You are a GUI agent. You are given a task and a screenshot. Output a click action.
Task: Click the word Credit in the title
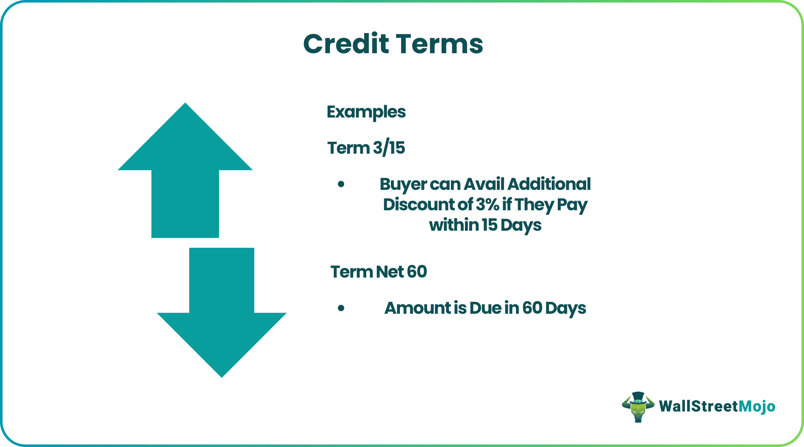coord(346,44)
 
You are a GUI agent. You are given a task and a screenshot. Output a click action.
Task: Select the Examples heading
coord(366,112)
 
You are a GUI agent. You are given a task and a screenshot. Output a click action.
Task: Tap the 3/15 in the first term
coord(389,148)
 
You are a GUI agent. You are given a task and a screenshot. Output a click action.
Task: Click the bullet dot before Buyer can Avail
coord(341,184)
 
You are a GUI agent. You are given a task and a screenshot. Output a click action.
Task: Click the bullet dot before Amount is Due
coord(341,308)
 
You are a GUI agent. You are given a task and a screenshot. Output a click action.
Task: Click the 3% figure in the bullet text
coord(488,205)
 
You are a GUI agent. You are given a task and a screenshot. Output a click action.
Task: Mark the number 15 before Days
coord(489,225)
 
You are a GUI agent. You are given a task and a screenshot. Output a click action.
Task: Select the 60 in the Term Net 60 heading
coord(416,272)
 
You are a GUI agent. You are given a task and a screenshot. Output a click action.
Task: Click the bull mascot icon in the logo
coord(638,407)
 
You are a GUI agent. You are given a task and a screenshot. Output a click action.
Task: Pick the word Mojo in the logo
coord(757,407)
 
